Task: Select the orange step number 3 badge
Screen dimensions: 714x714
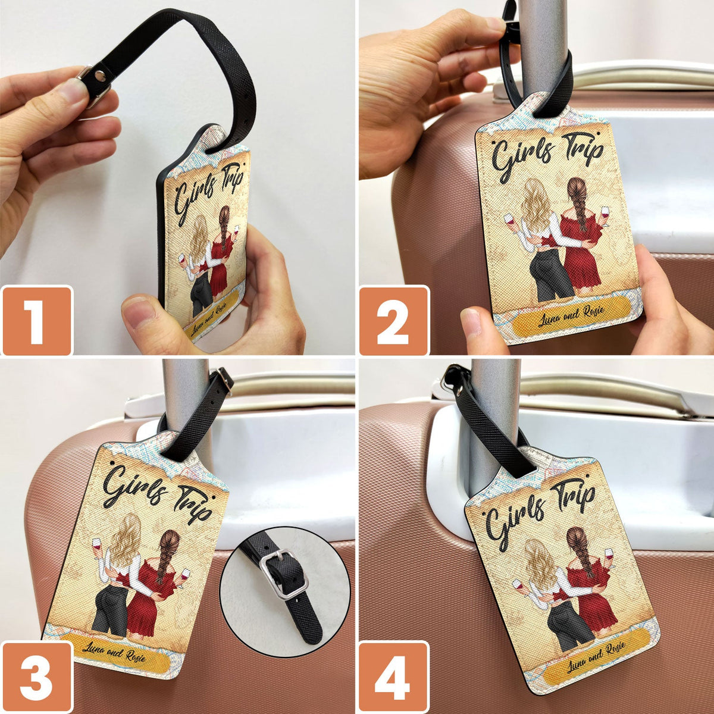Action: coord(36,677)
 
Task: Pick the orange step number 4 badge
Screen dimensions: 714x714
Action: coord(393,677)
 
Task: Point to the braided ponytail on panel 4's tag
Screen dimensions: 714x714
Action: coord(581,553)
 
